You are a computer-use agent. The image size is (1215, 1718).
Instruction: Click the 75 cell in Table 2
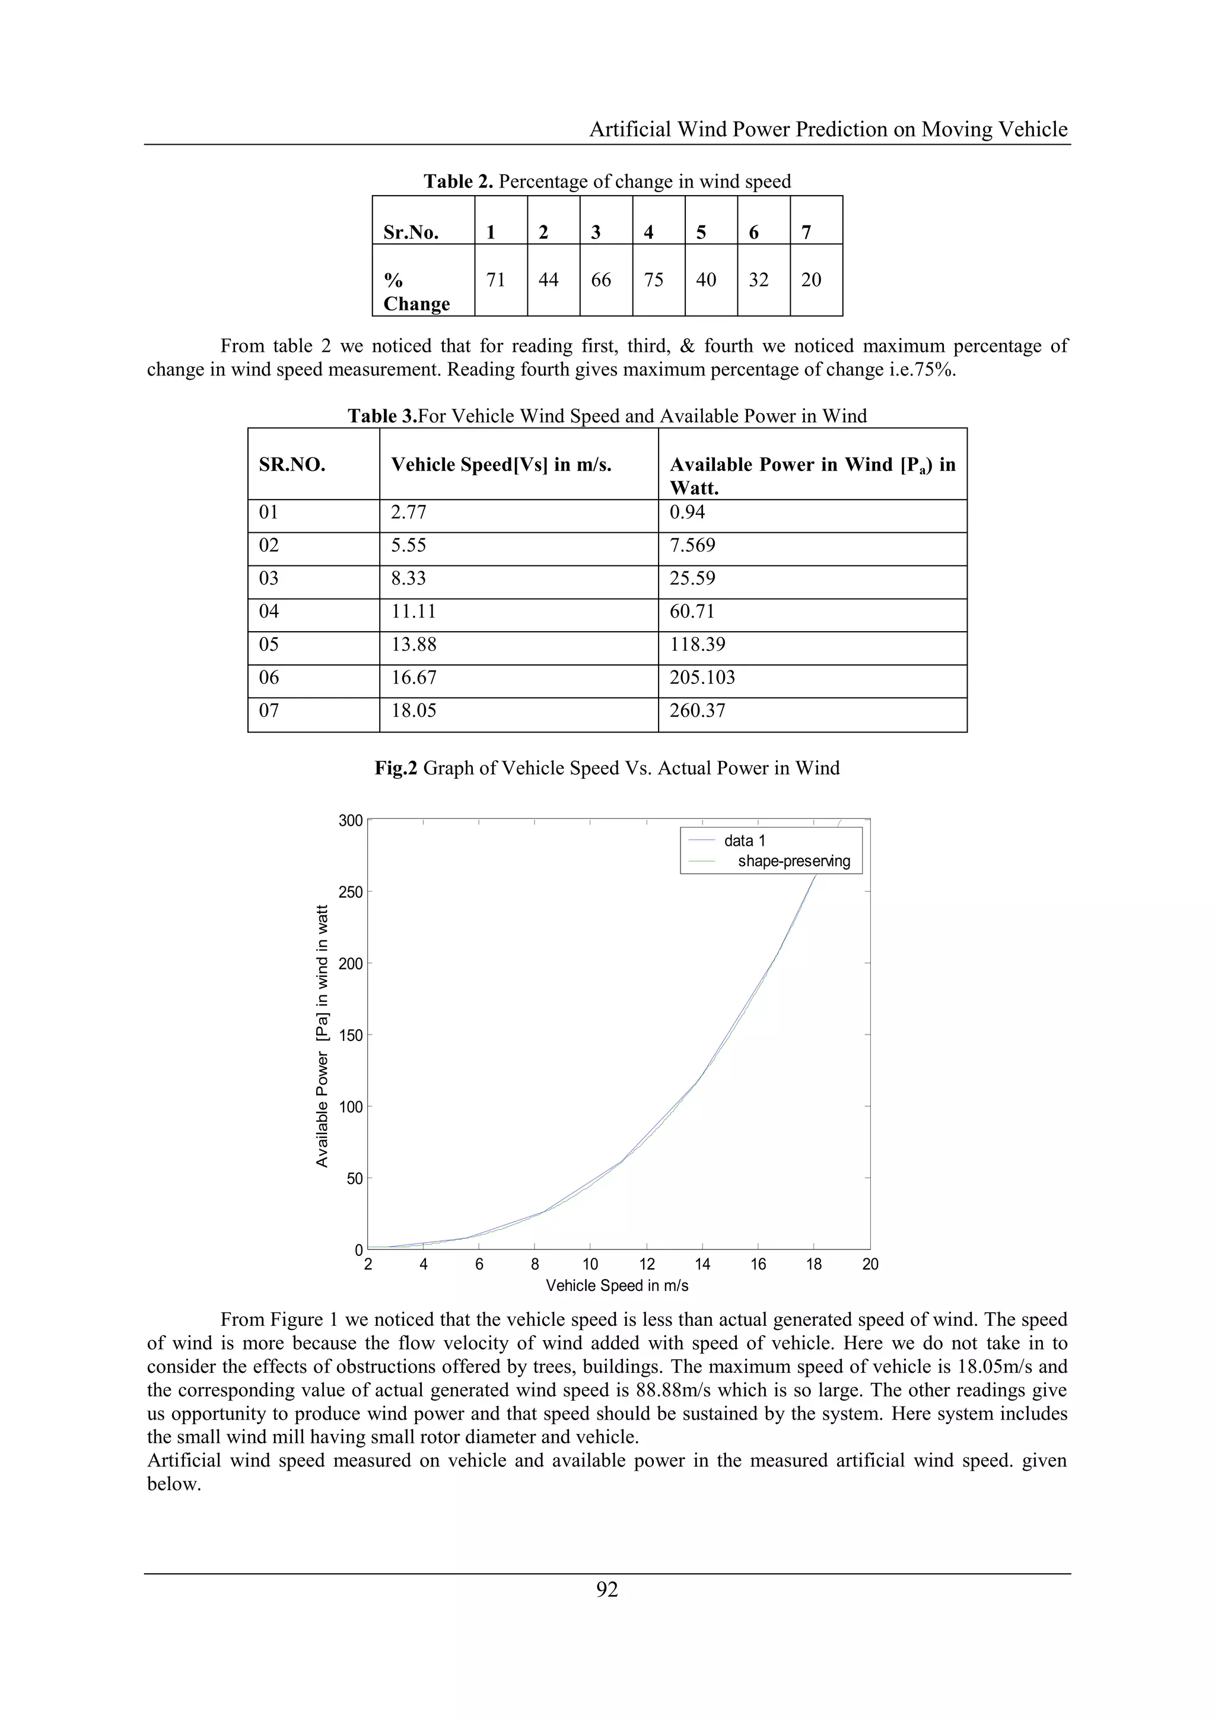(653, 280)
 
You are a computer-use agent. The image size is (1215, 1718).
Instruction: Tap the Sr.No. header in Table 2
(411, 233)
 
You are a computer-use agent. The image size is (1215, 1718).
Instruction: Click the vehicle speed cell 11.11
(413, 612)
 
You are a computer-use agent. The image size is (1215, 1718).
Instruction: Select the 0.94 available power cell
(687, 512)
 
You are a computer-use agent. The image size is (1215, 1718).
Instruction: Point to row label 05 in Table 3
(269, 644)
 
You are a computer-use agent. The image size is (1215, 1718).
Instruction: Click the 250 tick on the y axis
(350, 892)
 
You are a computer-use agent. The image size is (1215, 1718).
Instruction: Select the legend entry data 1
(745, 841)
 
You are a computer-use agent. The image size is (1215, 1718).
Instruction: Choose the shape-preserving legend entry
(794, 861)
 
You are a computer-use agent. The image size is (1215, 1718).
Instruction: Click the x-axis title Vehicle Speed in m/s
(617, 1286)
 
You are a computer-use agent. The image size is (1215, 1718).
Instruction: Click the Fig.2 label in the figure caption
(396, 768)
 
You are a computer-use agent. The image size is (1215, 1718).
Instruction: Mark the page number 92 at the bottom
(607, 1589)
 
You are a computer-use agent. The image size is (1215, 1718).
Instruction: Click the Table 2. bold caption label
(458, 182)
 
